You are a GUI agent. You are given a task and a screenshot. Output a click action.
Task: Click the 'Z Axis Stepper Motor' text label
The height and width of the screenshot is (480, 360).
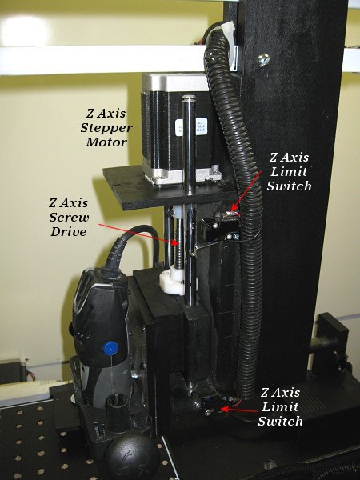coord(106,128)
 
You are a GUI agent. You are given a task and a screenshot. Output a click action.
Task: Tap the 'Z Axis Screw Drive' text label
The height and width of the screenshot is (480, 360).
coord(69,217)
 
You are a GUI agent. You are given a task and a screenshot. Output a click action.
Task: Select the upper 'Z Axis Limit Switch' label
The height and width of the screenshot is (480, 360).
coord(289,172)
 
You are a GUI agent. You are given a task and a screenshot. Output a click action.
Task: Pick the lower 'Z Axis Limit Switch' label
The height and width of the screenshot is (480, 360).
coord(281,407)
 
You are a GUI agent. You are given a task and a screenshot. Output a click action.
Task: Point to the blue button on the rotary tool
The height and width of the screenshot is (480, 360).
coord(110,348)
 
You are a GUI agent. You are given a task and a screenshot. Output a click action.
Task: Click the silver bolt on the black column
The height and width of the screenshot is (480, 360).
coord(263,60)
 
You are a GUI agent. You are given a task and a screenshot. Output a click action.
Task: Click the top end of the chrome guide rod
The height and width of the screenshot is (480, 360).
coord(189,98)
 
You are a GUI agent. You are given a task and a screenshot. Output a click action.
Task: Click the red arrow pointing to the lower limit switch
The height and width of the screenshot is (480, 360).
coord(239,409)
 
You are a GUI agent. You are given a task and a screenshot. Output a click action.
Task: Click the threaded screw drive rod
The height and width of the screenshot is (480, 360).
coord(178,244)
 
